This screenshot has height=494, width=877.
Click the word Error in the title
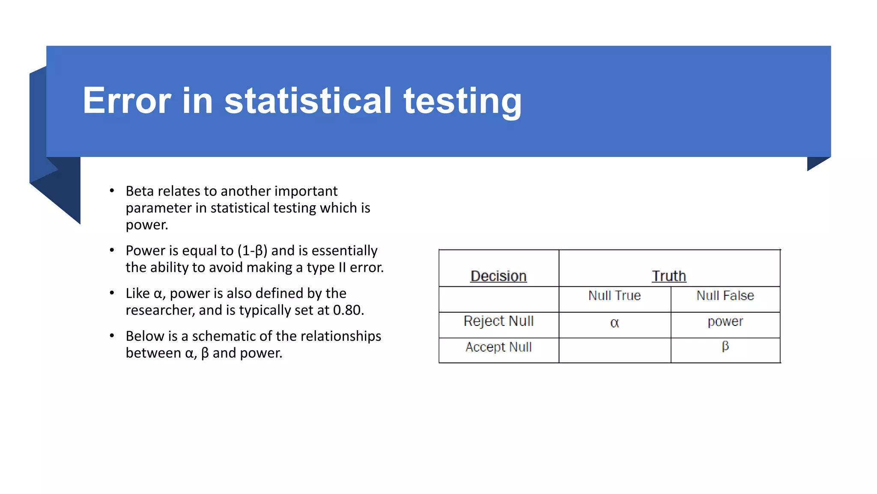pos(127,101)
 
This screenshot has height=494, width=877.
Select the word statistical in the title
pos(308,101)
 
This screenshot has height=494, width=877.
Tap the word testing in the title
pos(462,102)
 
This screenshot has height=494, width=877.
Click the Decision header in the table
pos(498,276)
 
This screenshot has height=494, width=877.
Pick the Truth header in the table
pos(669,276)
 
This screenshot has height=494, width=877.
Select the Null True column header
pos(614,295)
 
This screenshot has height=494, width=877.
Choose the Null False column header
pos(725,295)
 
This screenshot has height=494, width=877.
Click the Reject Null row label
pos(498,321)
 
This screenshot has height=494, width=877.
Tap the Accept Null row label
pos(498,347)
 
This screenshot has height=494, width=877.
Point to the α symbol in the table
pos(614,323)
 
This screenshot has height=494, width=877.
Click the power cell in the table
pos(725,322)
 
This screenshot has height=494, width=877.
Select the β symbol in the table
pos(725,346)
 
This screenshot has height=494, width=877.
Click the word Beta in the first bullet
pos(140,191)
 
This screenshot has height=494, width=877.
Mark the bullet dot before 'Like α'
pos(112,293)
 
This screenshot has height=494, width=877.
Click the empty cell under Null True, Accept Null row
pos(614,350)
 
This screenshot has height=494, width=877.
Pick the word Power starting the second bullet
pos(145,251)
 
